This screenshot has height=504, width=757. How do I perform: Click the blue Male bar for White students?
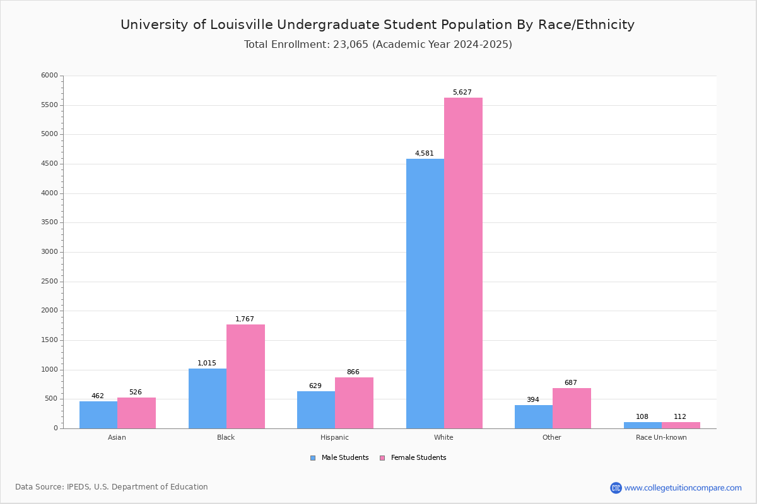(x=425, y=294)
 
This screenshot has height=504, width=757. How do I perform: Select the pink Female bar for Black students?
(x=245, y=376)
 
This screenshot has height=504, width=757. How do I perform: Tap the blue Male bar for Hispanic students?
(x=315, y=409)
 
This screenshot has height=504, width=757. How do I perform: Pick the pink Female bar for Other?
(x=572, y=408)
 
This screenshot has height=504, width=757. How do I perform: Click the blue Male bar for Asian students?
(x=98, y=415)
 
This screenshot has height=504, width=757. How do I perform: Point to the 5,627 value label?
(x=462, y=93)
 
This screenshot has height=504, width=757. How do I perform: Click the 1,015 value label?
(x=206, y=364)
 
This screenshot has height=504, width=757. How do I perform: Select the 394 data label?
(x=532, y=400)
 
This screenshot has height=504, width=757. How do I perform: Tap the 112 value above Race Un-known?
(x=679, y=417)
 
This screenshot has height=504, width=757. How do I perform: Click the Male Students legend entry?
(x=344, y=458)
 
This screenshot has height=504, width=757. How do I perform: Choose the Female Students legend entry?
(x=418, y=458)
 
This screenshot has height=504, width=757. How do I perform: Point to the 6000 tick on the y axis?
(x=49, y=76)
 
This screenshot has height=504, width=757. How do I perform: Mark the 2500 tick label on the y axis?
(x=49, y=282)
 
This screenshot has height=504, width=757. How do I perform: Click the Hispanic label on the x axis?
(x=334, y=437)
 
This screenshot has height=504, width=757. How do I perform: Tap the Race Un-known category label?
(x=661, y=437)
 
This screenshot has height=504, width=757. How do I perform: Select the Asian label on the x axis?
(x=117, y=437)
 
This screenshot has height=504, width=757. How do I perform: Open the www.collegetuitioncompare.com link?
(x=683, y=488)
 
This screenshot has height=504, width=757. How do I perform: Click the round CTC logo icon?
(x=616, y=488)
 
